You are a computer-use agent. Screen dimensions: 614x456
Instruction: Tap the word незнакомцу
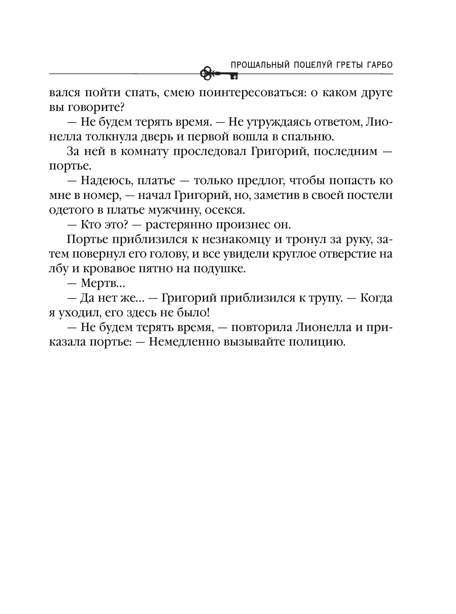point(226,239)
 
